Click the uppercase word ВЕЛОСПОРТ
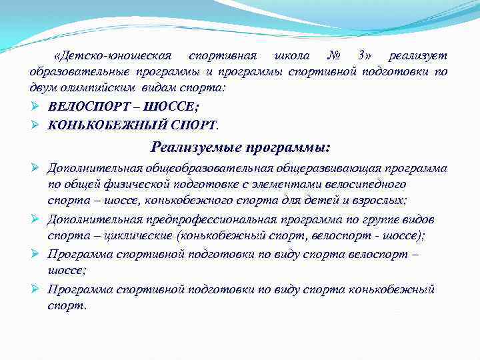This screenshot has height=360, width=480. tap(87, 107)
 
